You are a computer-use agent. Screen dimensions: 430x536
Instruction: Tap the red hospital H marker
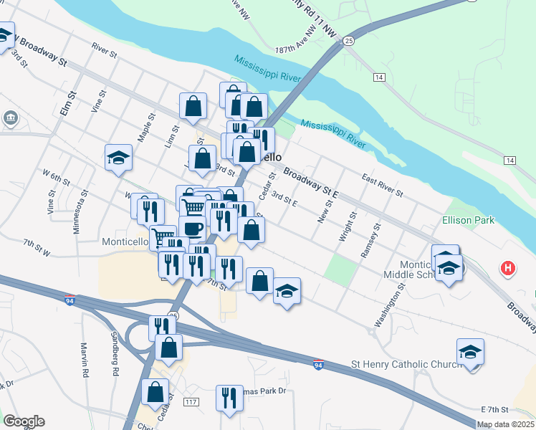[507, 269]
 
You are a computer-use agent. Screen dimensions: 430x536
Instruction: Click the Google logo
[24, 421]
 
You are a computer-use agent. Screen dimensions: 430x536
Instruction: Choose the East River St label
[383, 184]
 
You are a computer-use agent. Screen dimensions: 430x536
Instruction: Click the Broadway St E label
[310, 183]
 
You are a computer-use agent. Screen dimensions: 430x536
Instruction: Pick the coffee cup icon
[192, 229]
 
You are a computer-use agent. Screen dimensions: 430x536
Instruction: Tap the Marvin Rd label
[83, 359]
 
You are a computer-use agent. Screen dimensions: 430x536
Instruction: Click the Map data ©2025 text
[506, 424]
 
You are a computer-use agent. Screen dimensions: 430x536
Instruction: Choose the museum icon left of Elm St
[11, 117]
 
